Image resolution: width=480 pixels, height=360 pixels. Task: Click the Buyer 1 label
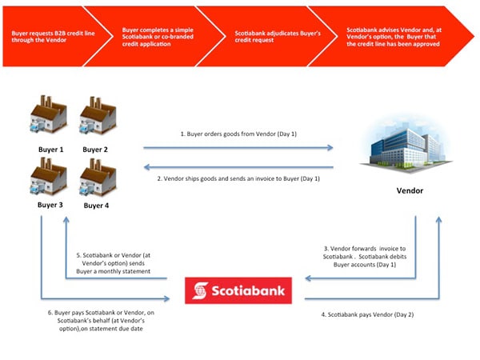[x=50, y=150]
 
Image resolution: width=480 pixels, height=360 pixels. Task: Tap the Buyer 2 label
[x=95, y=150]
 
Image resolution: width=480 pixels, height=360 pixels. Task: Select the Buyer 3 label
[x=50, y=204]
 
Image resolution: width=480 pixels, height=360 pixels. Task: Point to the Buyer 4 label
[x=95, y=204]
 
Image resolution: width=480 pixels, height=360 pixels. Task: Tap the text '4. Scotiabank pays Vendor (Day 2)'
[x=366, y=315]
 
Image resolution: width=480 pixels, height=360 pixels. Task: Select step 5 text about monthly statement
[x=116, y=262]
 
